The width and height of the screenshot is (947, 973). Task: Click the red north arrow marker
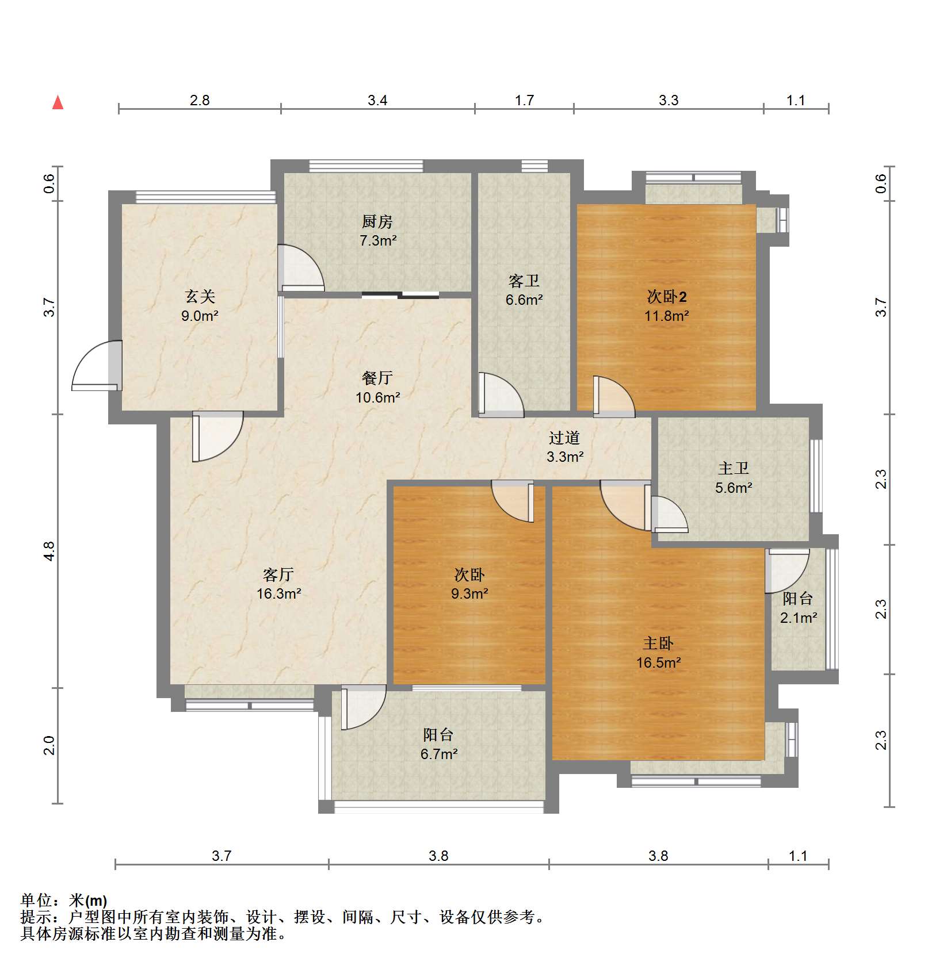pyautogui.click(x=58, y=103)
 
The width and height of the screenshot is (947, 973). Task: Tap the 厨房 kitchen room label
pyautogui.click(x=377, y=221)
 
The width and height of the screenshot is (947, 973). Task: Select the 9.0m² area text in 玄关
pyautogui.click(x=200, y=316)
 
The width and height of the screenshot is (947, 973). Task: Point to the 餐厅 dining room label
pyautogui.click(x=377, y=378)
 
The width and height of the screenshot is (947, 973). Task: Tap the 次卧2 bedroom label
pyautogui.click(x=666, y=297)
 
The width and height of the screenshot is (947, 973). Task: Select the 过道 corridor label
pyautogui.click(x=564, y=438)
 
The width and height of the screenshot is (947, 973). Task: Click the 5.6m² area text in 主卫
pyautogui.click(x=734, y=488)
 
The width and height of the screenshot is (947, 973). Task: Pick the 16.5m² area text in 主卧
pyautogui.click(x=658, y=662)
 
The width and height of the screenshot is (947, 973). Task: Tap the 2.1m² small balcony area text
pyautogui.click(x=799, y=618)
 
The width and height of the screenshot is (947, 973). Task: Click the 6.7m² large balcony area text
pyautogui.click(x=438, y=754)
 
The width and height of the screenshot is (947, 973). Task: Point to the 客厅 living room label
pyautogui.click(x=278, y=574)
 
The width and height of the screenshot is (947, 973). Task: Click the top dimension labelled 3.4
pyautogui.click(x=377, y=101)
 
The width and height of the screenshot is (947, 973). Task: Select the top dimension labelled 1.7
pyautogui.click(x=524, y=101)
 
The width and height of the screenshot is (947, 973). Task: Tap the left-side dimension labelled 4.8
pyautogui.click(x=50, y=551)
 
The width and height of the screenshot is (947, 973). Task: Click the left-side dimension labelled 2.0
pyautogui.click(x=50, y=745)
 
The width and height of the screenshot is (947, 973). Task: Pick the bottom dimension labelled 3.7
pyautogui.click(x=222, y=856)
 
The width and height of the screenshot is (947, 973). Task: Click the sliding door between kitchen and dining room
pyautogui.click(x=400, y=296)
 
